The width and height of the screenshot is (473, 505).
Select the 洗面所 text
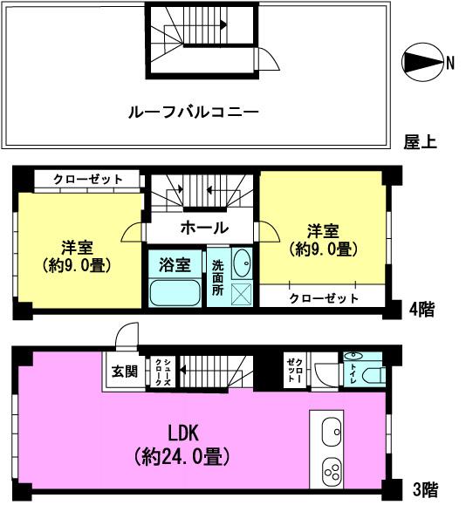[217, 278]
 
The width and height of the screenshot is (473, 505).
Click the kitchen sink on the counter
[332, 430]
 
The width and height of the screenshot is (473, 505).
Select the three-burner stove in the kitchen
[332, 472]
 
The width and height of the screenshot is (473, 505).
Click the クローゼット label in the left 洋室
[87, 179]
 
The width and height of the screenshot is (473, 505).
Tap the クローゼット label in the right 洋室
[323, 298]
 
